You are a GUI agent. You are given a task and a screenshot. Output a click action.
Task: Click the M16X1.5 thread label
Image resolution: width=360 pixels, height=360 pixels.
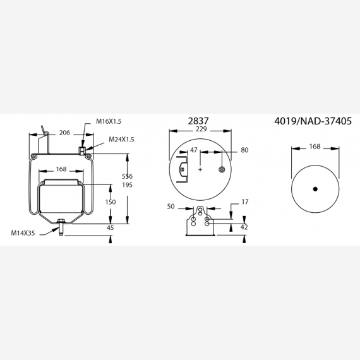tap(109, 121)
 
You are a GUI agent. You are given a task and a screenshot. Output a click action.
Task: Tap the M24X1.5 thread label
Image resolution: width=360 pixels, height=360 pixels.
tap(121, 140)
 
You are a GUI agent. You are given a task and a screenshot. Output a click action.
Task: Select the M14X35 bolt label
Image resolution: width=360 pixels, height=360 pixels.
tap(23, 233)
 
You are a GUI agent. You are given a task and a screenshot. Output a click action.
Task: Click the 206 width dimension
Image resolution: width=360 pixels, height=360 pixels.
tap(64, 133)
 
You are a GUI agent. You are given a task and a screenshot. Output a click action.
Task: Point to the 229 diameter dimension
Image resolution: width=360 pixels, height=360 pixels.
tap(201, 129)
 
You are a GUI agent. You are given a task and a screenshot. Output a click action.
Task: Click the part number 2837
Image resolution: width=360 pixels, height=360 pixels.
tap(198, 121)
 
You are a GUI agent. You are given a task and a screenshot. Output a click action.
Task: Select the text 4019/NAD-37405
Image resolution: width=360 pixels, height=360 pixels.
tap(313, 121)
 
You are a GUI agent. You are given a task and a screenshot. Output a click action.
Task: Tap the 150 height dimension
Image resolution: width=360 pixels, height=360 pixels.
tap(111, 202)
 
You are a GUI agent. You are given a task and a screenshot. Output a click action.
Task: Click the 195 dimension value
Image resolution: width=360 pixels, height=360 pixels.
tap(127, 185)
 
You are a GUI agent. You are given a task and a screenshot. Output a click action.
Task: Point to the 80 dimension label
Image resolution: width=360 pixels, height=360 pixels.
tap(244, 150)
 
